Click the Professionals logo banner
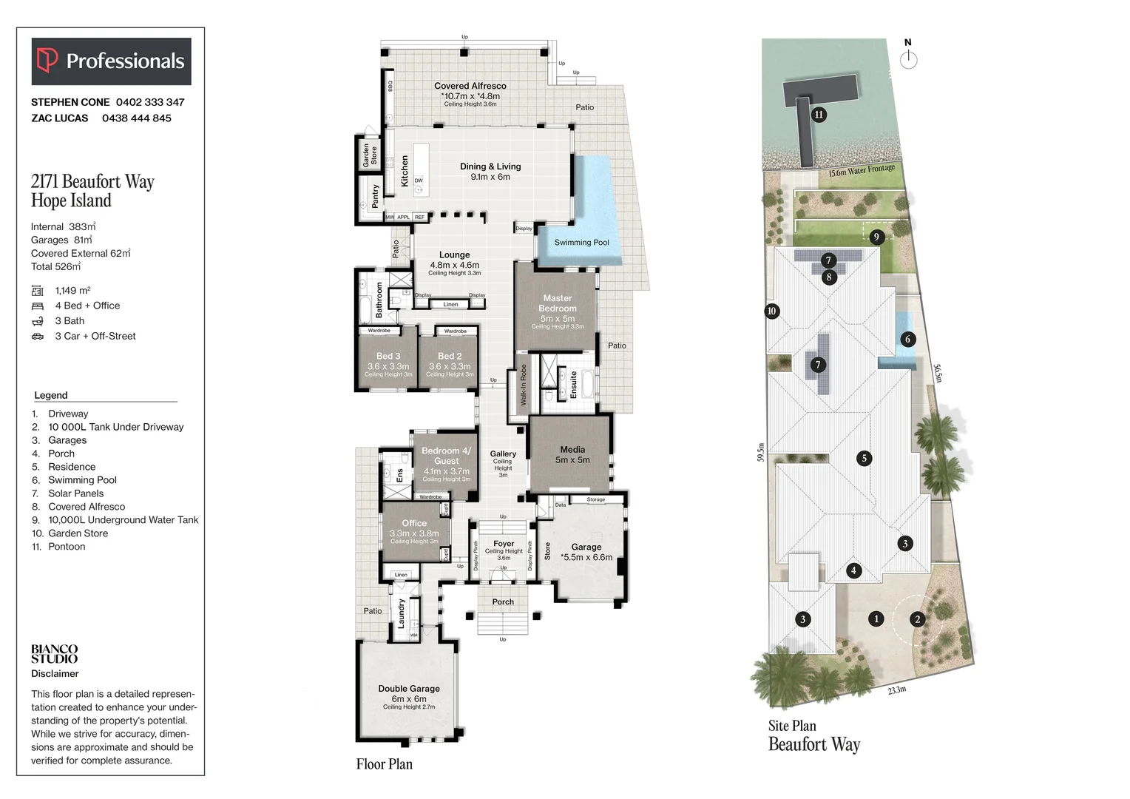[111, 61]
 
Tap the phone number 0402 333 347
[150, 102]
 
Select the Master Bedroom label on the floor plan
[557, 303]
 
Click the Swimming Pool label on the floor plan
[581, 243]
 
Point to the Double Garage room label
[409, 689]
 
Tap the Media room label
[572, 450]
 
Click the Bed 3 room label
[388, 357]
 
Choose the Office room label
[414, 523]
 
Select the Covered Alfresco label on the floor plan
[470, 86]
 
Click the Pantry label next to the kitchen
[375, 196]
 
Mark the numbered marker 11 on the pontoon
[819, 115]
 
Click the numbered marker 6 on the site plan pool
[907, 340]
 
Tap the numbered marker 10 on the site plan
[771, 311]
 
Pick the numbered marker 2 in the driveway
[917, 620]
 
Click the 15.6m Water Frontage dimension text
[862, 171]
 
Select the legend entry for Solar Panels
[75, 493]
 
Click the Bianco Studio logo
[54, 654]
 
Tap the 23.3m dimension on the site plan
[897, 690]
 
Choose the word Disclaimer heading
[55, 674]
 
